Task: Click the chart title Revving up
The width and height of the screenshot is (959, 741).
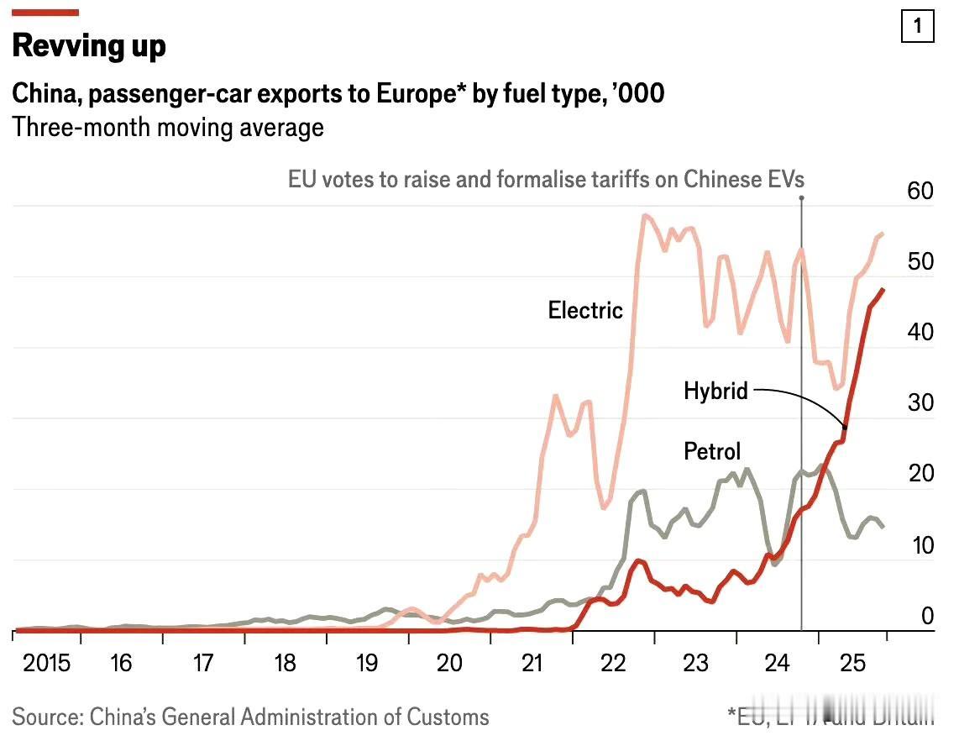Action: pyautogui.click(x=89, y=45)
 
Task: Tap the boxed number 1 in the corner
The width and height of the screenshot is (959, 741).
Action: pyautogui.click(x=917, y=27)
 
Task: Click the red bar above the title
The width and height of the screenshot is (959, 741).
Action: pyautogui.click(x=45, y=13)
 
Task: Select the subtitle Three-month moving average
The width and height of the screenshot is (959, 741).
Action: pyautogui.click(x=168, y=128)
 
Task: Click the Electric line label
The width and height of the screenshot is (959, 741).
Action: pyautogui.click(x=585, y=310)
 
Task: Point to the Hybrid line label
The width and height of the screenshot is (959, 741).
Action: pyautogui.click(x=715, y=391)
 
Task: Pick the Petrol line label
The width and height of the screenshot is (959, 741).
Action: pyautogui.click(x=712, y=452)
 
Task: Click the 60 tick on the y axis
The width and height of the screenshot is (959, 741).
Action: pyautogui.click(x=920, y=192)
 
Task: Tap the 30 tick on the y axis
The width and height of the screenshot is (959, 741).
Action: pyautogui.click(x=920, y=403)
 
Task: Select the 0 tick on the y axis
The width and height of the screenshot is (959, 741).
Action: pyautogui.click(x=927, y=617)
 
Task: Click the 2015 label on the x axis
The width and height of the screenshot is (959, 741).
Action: pyautogui.click(x=47, y=664)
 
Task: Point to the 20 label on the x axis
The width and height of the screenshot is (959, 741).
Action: pyautogui.click(x=449, y=664)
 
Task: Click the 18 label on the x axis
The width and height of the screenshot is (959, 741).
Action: pyautogui.click(x=286, y=664)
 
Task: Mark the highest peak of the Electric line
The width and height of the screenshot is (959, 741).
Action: pyautogui.click(x=644, y=216)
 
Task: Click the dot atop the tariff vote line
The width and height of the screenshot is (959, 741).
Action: pyautogui.click(x=801, y=198)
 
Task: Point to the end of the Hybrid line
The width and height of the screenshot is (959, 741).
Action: pyautogui.click(x=883, y=290)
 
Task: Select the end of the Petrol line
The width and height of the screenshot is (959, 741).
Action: pyautogui.click(x=883, y=527)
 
